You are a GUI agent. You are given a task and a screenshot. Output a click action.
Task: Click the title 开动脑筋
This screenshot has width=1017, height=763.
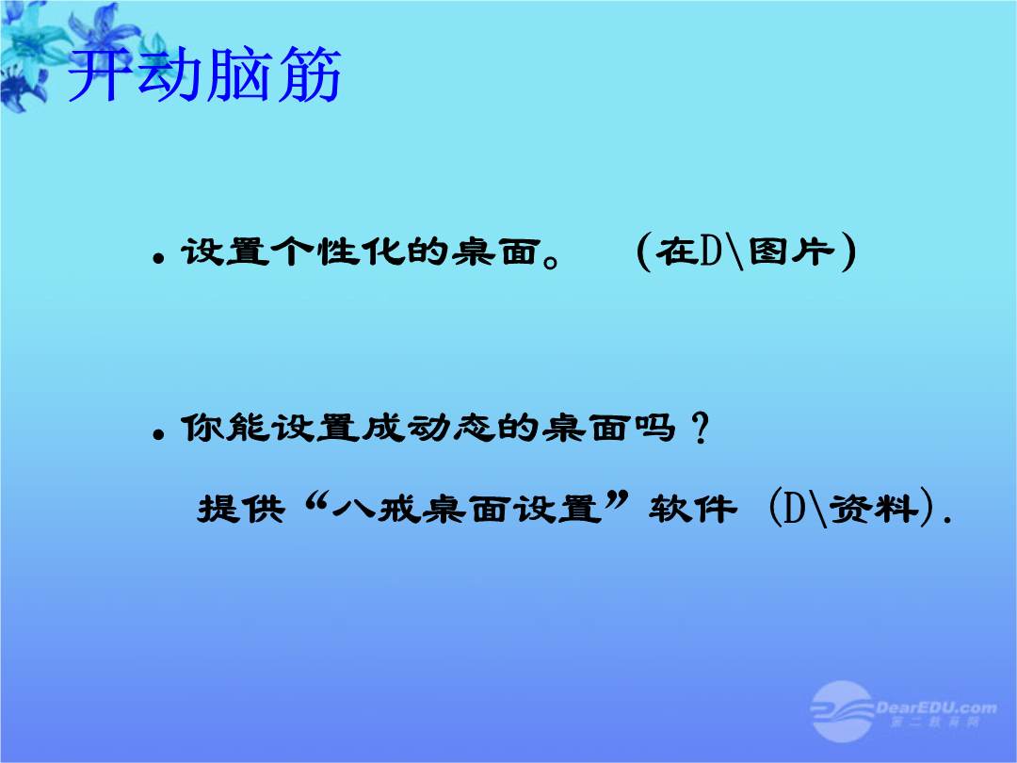pyautogui.click(x=204, y=74)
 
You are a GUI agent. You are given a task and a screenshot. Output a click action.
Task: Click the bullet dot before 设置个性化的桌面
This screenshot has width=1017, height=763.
pyautogui.click(x=157, y=258)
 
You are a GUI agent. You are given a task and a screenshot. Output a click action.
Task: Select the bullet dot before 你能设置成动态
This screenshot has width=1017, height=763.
pyautogui.click(x=157, y=434)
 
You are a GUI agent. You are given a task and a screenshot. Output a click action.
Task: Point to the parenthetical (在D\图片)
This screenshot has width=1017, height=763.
pyautogui.click(x=747, y=252)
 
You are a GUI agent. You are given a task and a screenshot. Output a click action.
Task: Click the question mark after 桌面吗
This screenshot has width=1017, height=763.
pyautogui.click(x=700, y=429)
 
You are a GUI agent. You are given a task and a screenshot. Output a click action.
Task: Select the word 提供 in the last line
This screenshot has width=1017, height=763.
pyautogui.click(x=241, y=508)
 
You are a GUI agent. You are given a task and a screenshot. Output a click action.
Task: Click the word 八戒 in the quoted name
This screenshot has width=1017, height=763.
pyautogui.click(x=376, y=508)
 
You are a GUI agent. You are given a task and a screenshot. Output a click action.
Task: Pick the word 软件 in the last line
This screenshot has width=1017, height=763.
pyautogui.click(x=692, y=508)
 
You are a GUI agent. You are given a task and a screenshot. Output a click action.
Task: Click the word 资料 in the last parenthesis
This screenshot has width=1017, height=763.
pyautogui.click(x=875, y=508)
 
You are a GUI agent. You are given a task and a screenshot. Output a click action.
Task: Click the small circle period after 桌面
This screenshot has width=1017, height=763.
pyautogui.click(x=551, y=261)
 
